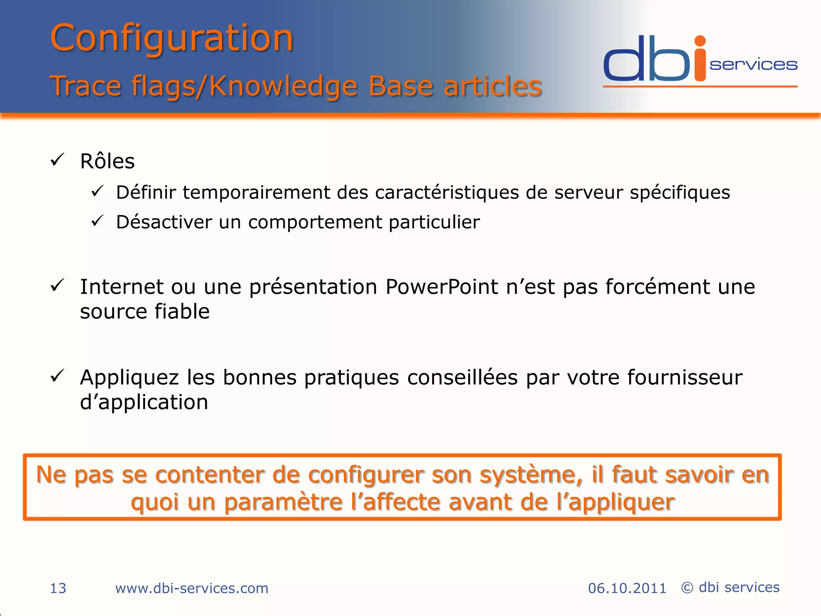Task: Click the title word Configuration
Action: [x=172, y=38]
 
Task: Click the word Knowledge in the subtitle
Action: [x=283, y=86]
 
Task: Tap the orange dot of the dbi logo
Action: [x=700, y=41]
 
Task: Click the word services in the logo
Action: [x=753, y=65]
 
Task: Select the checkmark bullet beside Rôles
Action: [x=57, y=160]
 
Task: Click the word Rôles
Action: [x=107, y=162]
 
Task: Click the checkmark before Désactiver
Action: [x=97, y=221]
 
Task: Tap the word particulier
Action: [x=434, y=222]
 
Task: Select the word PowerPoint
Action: [x=442, y=287]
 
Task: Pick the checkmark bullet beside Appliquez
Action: [x=57, y=376]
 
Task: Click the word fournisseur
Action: [x=685, y=378]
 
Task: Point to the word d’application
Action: [x=144, y=403]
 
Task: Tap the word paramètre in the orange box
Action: [x=283, y=503]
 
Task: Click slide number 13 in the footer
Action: [x=58, y=588]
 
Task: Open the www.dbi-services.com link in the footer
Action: [x=192, y=588]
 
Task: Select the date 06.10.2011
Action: [x=627, y=588]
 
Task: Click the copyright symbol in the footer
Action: [x=687, y=588]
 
